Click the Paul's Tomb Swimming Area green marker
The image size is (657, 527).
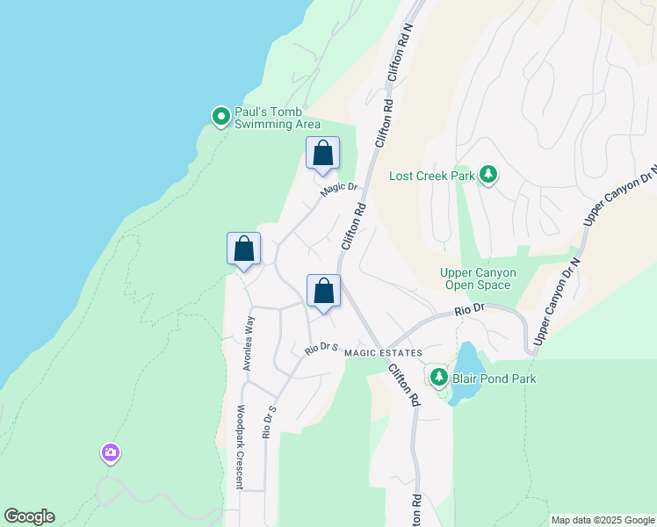[x=220, y=116]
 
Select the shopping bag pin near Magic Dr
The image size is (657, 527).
[x=322, y=154]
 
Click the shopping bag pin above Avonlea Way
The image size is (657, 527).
[x=243, y=249]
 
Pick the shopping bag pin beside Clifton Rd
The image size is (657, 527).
[x=323, y=292]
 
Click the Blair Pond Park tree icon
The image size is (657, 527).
[x=438, y=378]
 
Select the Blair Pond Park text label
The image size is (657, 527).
[x=494, y=379]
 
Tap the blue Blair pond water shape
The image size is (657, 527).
[x=467, y=360]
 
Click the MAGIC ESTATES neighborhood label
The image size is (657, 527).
[x=383, y=353]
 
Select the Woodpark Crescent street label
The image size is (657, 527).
[x=238, y=446]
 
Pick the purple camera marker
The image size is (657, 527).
[x=111, y=453]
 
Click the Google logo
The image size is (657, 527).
[x=29, y=516]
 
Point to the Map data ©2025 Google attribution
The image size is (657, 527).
[x=602, y=520]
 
